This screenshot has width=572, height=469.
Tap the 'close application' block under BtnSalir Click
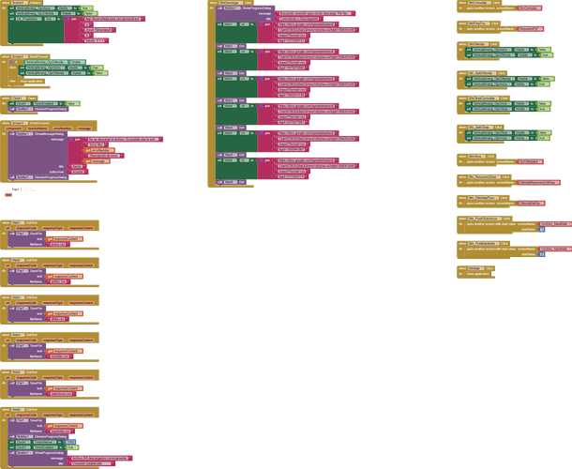pos(479,274)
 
